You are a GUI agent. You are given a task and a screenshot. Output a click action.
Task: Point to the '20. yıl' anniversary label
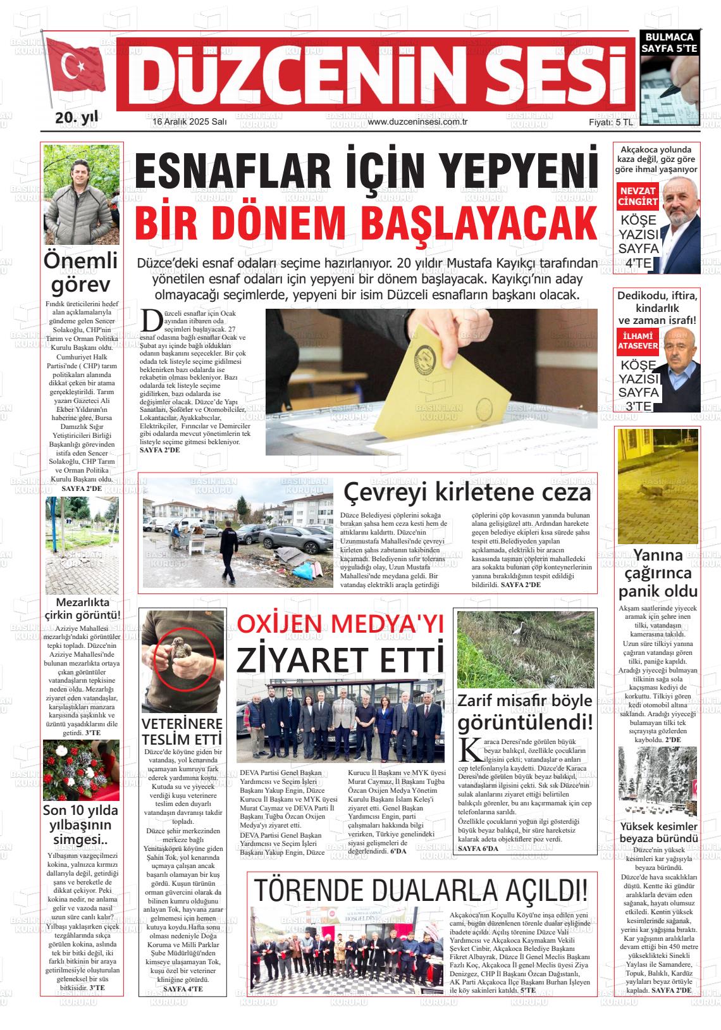[x=77, y=118]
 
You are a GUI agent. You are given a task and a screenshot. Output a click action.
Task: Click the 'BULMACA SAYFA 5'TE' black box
[x=669, y=42]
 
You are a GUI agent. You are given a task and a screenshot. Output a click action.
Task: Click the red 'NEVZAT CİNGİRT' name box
[x=638, y=196]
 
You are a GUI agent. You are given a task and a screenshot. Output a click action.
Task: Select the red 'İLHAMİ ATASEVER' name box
[x=638, y=340]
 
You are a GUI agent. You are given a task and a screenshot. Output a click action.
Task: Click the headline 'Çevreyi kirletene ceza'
[x=467, y=492]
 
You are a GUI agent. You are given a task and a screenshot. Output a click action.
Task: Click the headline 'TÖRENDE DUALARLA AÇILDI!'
[x=421, y=890]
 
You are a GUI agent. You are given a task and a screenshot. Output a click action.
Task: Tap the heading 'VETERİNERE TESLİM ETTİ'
[x=182, y=731]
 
